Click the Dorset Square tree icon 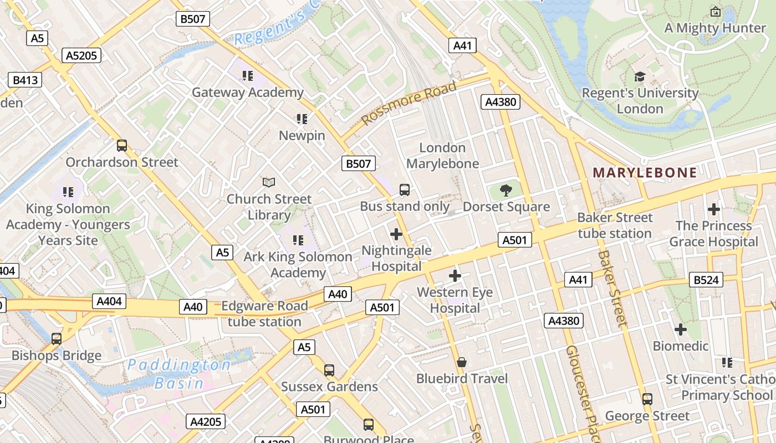click(506, 191)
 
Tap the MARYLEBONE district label click(645, 173)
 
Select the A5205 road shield click(83, 55)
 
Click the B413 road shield click(25, 80)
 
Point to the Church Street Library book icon click(269, 182)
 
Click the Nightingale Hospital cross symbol click(396, 234)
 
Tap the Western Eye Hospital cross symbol click(455, 276)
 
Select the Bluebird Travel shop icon click(461, 362)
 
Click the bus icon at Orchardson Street click(122, 146)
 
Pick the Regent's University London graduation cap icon click(640, 76)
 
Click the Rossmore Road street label click(409, 103)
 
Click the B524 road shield click(706, 280)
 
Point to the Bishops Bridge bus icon click(57, 338)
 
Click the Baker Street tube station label click(615, 225)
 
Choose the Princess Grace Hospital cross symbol click(714, 209)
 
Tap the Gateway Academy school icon click(247, 75)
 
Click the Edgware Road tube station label click(264, 313)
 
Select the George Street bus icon click(647, 399)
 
